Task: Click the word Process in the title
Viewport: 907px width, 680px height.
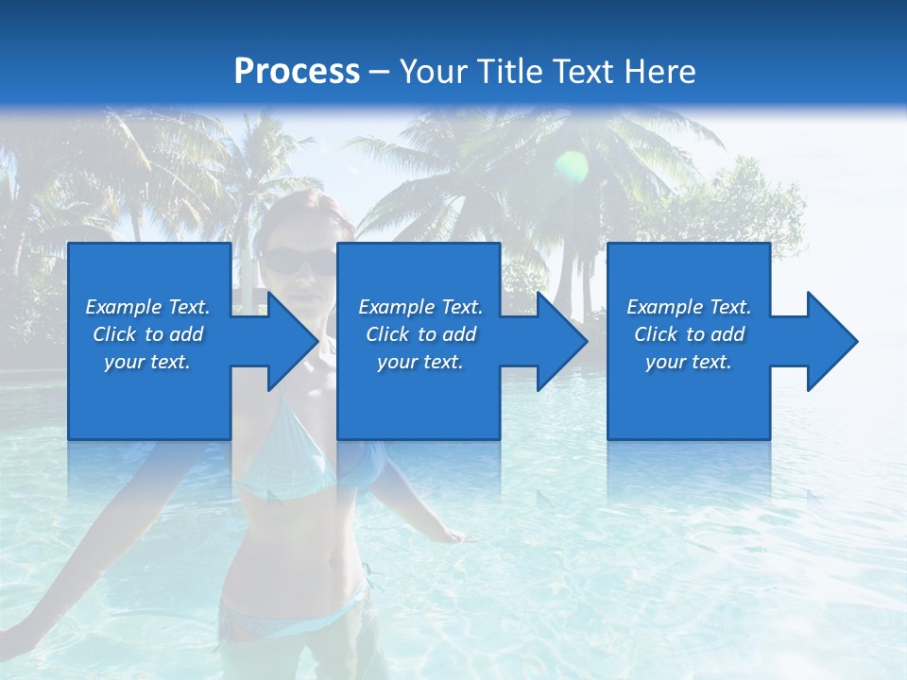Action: (x=297, y=72)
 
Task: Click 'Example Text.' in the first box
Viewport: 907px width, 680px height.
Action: (x=147, y=307)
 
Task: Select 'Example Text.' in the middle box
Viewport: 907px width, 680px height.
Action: (x=420, y=307)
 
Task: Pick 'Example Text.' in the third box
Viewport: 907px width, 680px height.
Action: (x=689, y=307)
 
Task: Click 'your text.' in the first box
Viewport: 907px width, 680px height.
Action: (x=147, y=362)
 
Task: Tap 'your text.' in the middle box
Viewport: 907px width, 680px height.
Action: (x=420, y=362)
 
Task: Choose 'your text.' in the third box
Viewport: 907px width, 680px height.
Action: (x=689, y=362)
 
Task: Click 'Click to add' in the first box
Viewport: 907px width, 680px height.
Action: (x=147, y=334)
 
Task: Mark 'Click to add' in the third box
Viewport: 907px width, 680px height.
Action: (x=689, y=334)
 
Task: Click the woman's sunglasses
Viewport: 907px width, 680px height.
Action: (x=299, y=261)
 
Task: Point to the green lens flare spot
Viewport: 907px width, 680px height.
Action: (x=571, y=167)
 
